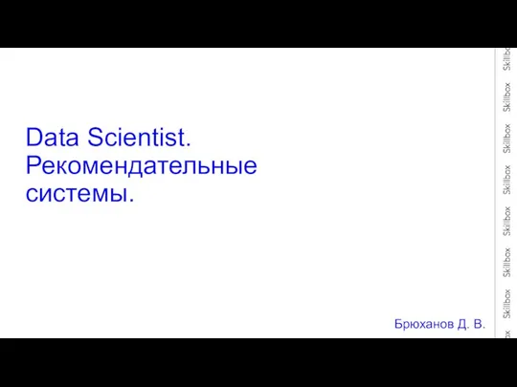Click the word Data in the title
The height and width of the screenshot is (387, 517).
[x=52, y=137]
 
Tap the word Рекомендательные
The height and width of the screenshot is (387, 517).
[x=141, y=166]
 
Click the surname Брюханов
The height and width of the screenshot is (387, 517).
[x=424, y=324]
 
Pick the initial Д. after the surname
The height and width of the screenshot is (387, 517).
[x=463, y=325]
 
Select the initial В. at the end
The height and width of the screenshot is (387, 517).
[x=480, y=324]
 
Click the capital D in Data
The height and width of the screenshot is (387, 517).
[x=34, y=137]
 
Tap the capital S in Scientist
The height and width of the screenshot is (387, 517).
[x=96, y=137]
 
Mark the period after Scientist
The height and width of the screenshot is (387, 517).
[x=189, y=144]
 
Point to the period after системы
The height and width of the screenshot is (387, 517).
[x=131, y=200]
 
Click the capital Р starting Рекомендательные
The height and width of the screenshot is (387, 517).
[x=34, y=165]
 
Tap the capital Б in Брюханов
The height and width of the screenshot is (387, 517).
[x=398, y=324]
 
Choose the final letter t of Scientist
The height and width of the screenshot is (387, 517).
[x=183, y=138]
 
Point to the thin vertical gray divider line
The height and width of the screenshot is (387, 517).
[x=495, y=193]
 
